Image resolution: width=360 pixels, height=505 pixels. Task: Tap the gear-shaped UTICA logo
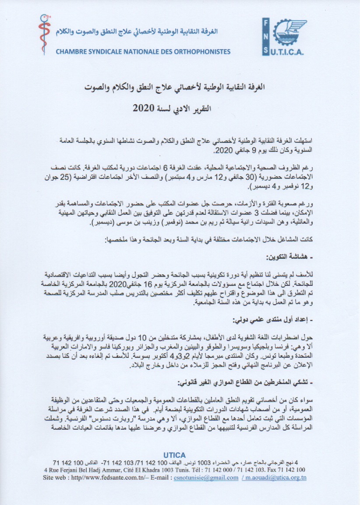(x=283, y=37)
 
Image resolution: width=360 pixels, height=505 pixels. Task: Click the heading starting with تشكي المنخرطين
(x=248, y=383)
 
